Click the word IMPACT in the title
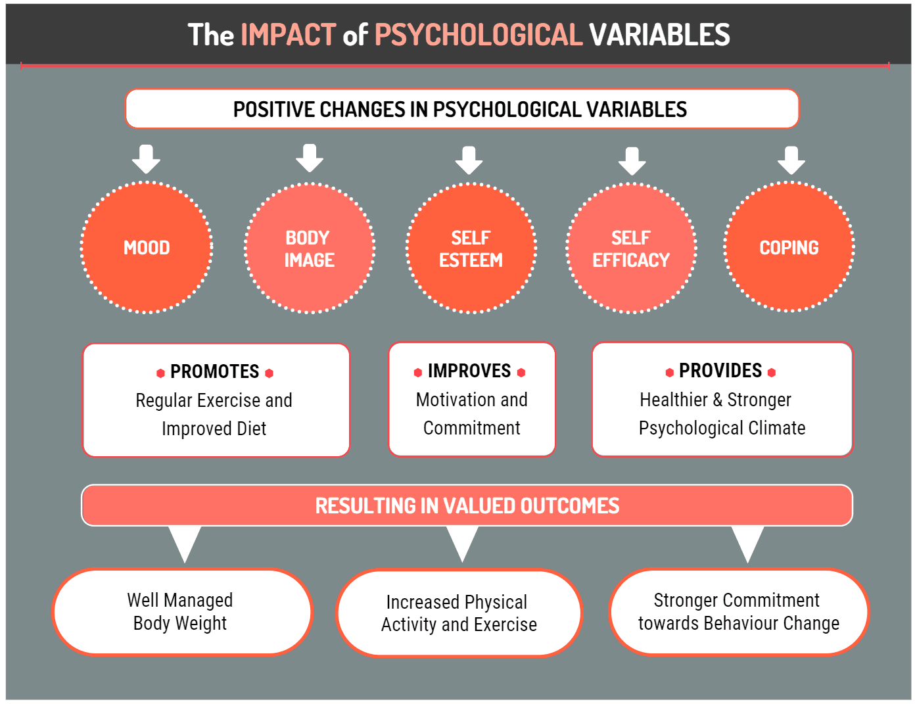tap(289, 35)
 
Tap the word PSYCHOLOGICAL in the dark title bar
tap(479, 35)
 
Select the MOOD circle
tap(147, 248)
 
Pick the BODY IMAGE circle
tap(310, 248)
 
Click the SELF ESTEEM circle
tap(471, 248)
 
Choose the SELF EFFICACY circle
tap(631, 248)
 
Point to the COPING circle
tap(789, 248)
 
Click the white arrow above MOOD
tap(146, 159)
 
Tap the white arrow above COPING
tap(791, 160)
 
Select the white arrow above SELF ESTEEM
tap(469, 160)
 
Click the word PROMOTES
tap(214, 371)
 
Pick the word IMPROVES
tap(469, 371)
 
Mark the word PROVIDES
tap(720, 371)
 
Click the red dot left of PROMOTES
tap(160, 373)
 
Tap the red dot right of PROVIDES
tap(772, 373)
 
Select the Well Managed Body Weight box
tap(181, 612)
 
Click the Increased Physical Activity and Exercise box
tap(459, 613)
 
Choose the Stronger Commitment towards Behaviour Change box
tap(738, 612)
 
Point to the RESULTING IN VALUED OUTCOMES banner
tap(467, 505)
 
